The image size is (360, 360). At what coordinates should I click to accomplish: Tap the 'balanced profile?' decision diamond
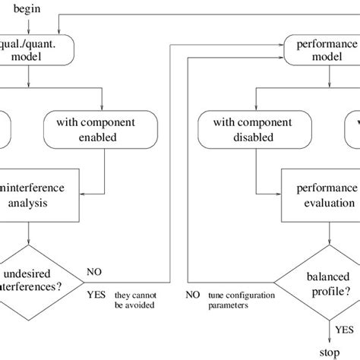click(328, 284)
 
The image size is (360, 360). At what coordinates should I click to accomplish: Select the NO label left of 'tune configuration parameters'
click(193, 294)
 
